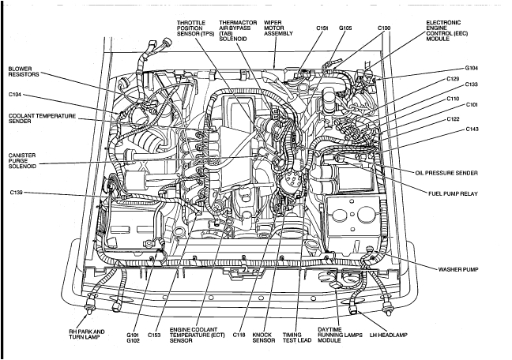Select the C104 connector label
(x=16, y=94)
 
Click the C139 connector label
(x=16, y=193)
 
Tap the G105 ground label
(x=346, y=28)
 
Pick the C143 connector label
(x=472, y=129)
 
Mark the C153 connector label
(x=155, y=335)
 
